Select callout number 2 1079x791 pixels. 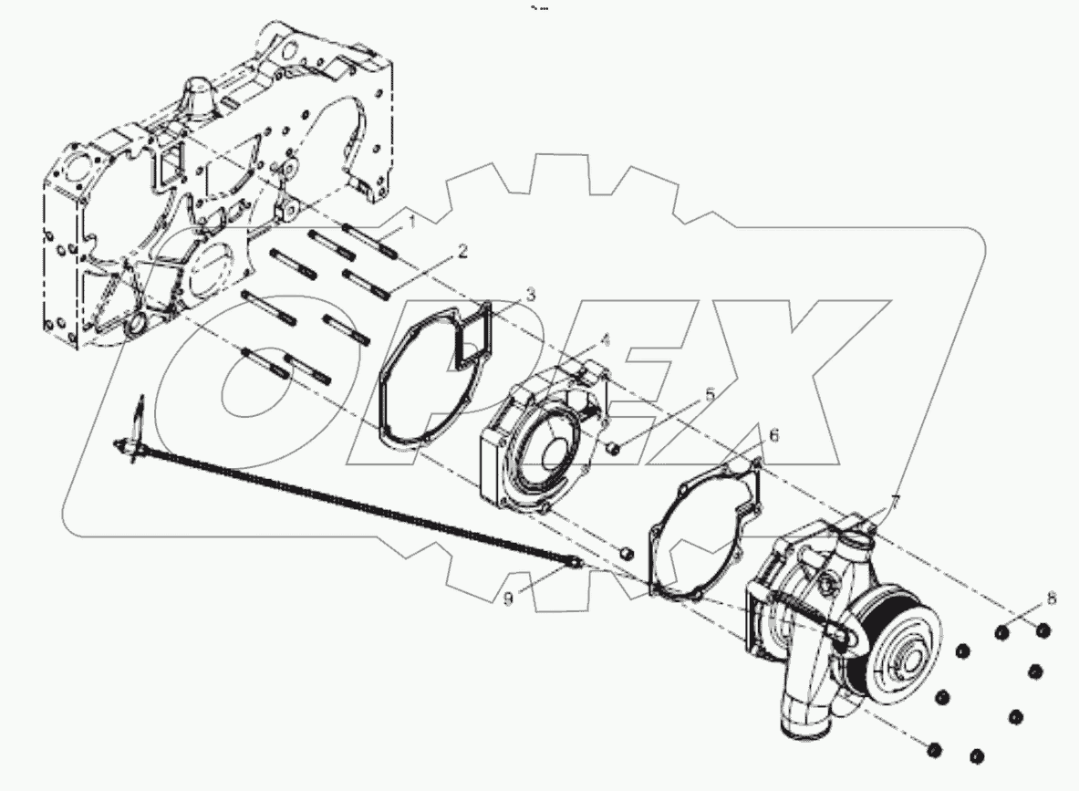[x=462, y=251]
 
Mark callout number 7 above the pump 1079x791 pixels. [x=895, y=500]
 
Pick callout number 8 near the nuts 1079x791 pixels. [x=1052, y=599]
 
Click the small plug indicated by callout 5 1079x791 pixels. [x=614, y=447]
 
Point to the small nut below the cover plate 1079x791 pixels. [x=625, y=553]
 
